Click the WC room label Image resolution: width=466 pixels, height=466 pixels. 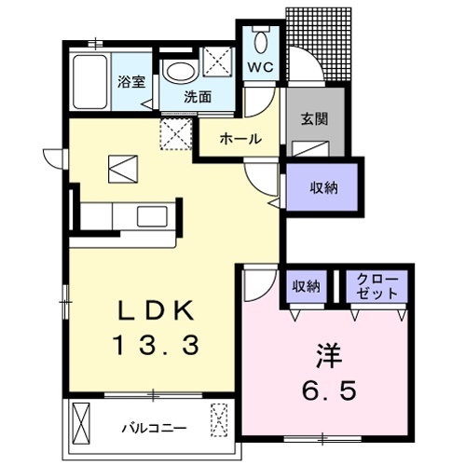pyautogui.click(x=260, y=67)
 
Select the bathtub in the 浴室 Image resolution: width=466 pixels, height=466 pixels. pyautogui.click(x=90, y=82)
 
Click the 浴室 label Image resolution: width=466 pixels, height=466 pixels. pyautogui.click(x=131, y=81)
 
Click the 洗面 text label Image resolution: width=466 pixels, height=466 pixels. pyautogui.click(x=198, y=97)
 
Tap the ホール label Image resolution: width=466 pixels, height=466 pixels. pyautogui.click(x=240, y=139)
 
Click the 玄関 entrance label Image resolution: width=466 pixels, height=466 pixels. pyautogui.click(x=314, y=119)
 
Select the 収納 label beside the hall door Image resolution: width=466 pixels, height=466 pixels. pyautogui.click(x=323, y=187)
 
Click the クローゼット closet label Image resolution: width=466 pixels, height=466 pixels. pyautogui.click(x=377, y=286)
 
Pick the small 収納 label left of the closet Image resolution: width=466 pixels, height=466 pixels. pyautogui.click(x=306, y=286)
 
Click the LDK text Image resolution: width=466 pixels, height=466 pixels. pyautogui.click(x=156, y=310)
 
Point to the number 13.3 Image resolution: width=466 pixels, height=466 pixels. pyautogui.click(x=157, y=346)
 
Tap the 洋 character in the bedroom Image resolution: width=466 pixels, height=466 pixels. pyautogui.click(x=329, y=356)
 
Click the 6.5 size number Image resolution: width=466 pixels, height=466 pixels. pyautogui.click(x=329, y=391)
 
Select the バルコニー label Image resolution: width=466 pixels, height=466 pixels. pyautogui.click(x=155, y=429)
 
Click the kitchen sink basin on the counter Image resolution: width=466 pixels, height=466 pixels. pyautogui.click(x=152, y=216)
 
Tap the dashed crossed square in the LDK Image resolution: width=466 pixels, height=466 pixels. pyautogui.click(x=176, y=134)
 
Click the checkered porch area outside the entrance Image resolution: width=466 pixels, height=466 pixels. pyautogui.click(x=319, y=44)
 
